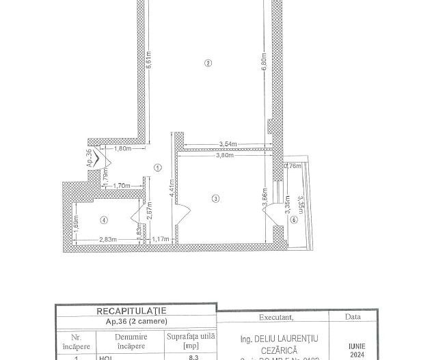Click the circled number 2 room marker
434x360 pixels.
point(208,64)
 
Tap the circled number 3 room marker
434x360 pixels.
point(215,199)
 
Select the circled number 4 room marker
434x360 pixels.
point(103,219)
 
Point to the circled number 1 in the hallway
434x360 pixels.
point(157,167)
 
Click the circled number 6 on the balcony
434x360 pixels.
point(294,219)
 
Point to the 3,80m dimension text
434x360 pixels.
point(225,155)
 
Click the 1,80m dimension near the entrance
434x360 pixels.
point(122,148)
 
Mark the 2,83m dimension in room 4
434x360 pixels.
point(106,239)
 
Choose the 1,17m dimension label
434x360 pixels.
point(159,239)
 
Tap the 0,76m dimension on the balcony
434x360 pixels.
point(292,165)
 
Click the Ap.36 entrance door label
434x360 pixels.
point(89,158)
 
